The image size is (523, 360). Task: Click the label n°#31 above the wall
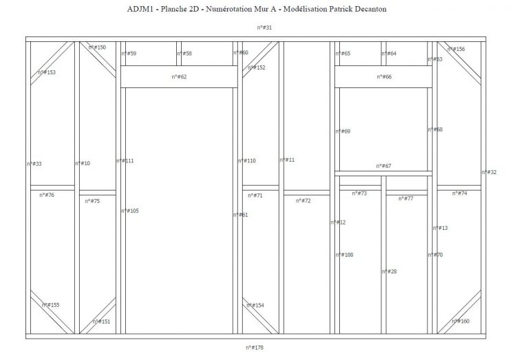(x=264, y=28)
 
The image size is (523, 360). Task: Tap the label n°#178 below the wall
(x=255, y=348)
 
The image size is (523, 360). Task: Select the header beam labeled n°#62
(x=179, y=77)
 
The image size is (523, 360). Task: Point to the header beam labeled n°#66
(x=384, y=77)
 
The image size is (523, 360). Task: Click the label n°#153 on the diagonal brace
(x=47, y=72)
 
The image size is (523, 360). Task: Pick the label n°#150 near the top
(x=97, y=47)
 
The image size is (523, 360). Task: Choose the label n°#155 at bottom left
(x=50, y=305)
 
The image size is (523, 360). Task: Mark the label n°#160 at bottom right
(x=460, y=321)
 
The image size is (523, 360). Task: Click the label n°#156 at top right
(x=456, y=50)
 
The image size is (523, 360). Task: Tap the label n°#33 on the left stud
(x=34, y=164)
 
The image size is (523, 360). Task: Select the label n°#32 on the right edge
(x=489, y=172)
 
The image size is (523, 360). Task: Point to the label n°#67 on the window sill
(x=383, y=166)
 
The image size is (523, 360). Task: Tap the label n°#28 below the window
(x=389, y=272)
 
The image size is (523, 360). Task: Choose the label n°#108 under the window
(x=344, y=255)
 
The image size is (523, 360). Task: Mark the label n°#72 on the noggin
(x=303, y=201)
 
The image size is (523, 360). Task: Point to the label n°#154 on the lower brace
(x=255, y=305)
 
